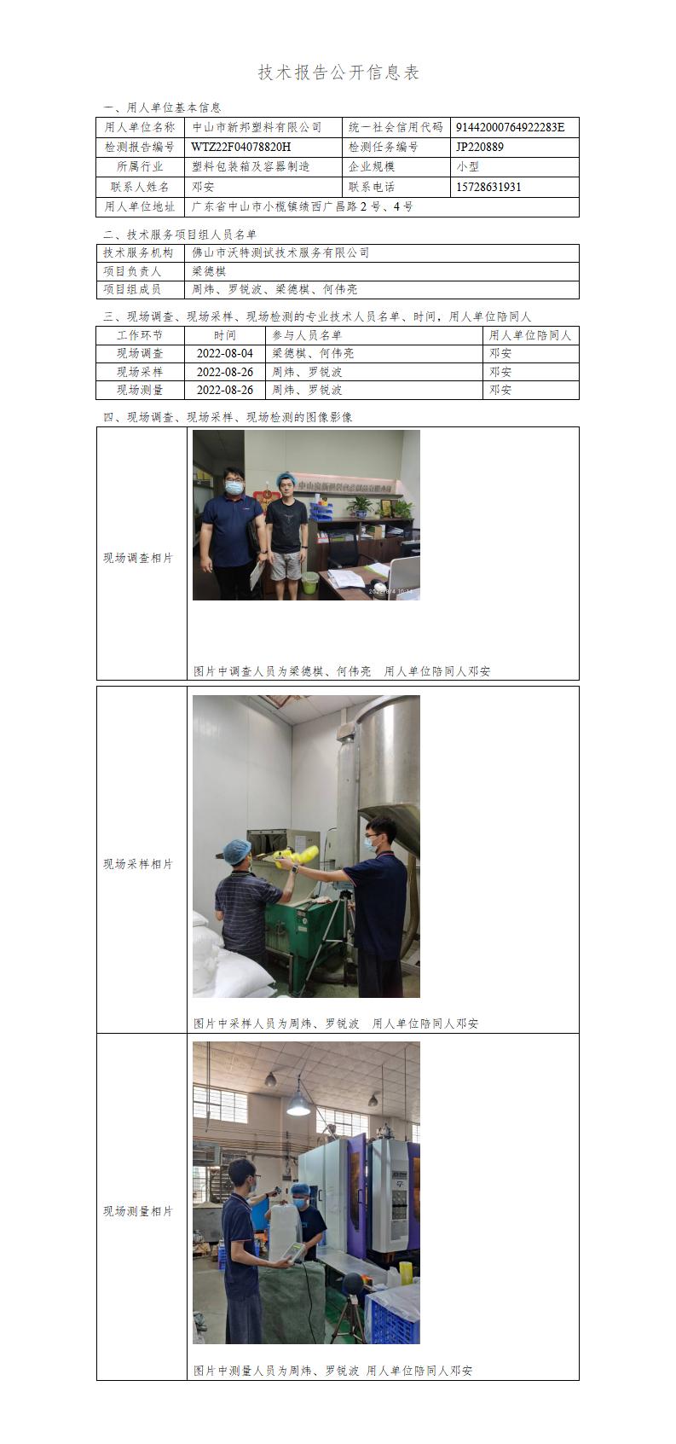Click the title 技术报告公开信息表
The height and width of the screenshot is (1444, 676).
(338, 72)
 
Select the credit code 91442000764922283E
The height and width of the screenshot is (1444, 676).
(510, 127)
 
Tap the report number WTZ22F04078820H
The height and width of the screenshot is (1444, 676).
(241, 147)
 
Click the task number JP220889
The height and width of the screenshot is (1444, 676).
(479, 147)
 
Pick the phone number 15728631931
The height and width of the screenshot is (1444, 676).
(488, 187)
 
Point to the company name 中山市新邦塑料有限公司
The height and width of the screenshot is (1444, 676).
(257, 127)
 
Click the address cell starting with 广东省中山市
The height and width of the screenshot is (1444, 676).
(303, 206)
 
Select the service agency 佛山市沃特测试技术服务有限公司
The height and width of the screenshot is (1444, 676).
(281, 252)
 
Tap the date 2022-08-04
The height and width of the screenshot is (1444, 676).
(225, 353)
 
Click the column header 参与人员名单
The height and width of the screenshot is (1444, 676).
(307, 335)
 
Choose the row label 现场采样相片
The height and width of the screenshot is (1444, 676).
(139, 864)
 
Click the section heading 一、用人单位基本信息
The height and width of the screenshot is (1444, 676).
(163, 107)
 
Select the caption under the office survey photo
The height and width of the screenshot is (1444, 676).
(342, 671)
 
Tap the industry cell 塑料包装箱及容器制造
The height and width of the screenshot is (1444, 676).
(251, 166)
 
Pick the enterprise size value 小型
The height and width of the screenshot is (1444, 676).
(467, 166)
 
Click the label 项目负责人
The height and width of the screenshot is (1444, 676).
(132, 271)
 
